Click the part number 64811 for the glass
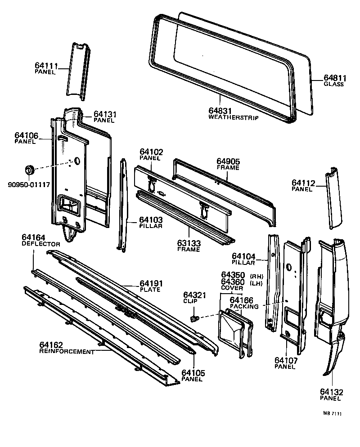333,77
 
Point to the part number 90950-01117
29,184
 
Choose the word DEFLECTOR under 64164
41,243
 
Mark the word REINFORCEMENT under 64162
67,352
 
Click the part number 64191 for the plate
151,283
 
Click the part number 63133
189,243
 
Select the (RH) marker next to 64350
257,275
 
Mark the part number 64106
26,135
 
